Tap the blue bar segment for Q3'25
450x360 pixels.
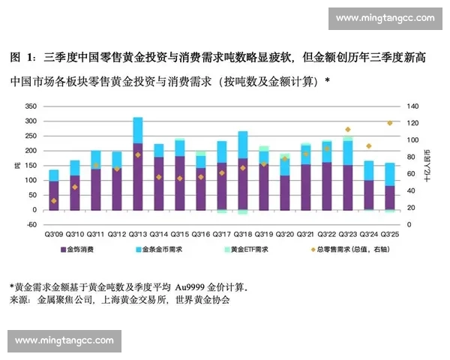(x=390, y=174)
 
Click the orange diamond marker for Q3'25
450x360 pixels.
(x=389, y=123)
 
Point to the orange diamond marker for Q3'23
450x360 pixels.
(x=347, y=130)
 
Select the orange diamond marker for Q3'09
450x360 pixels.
(x=54, y=200)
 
